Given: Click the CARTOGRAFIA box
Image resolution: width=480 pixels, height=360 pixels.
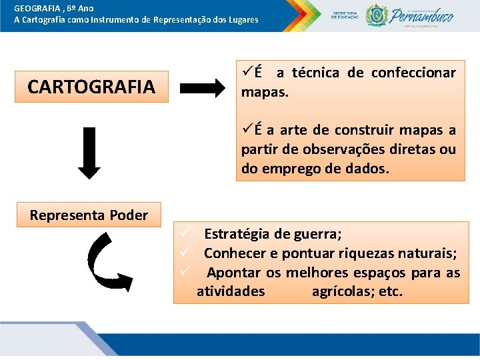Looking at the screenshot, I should point(91,87).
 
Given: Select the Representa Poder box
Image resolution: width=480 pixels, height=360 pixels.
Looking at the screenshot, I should point(89,215).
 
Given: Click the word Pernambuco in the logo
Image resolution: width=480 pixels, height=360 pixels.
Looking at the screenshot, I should point(423,15).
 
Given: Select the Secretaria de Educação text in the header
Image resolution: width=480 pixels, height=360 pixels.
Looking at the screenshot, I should point(345,15).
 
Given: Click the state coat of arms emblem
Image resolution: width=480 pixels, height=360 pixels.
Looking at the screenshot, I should point(376,15).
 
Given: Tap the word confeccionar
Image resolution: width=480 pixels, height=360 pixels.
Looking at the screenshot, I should point(413,72).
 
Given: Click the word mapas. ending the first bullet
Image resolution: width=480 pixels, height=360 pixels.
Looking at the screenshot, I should point(265,91).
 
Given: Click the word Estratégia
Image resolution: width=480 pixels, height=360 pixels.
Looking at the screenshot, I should point(237,234).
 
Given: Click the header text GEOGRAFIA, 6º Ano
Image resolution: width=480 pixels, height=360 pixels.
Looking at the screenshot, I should point(53,8).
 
